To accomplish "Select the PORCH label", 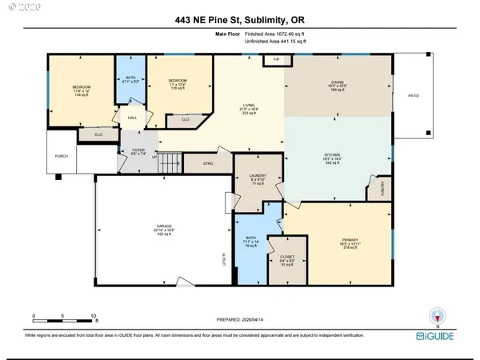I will pos(59,156).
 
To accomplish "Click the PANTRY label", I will pos(383,192).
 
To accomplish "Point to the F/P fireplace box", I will pos(276,60).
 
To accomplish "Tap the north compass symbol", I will pos(435,316).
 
